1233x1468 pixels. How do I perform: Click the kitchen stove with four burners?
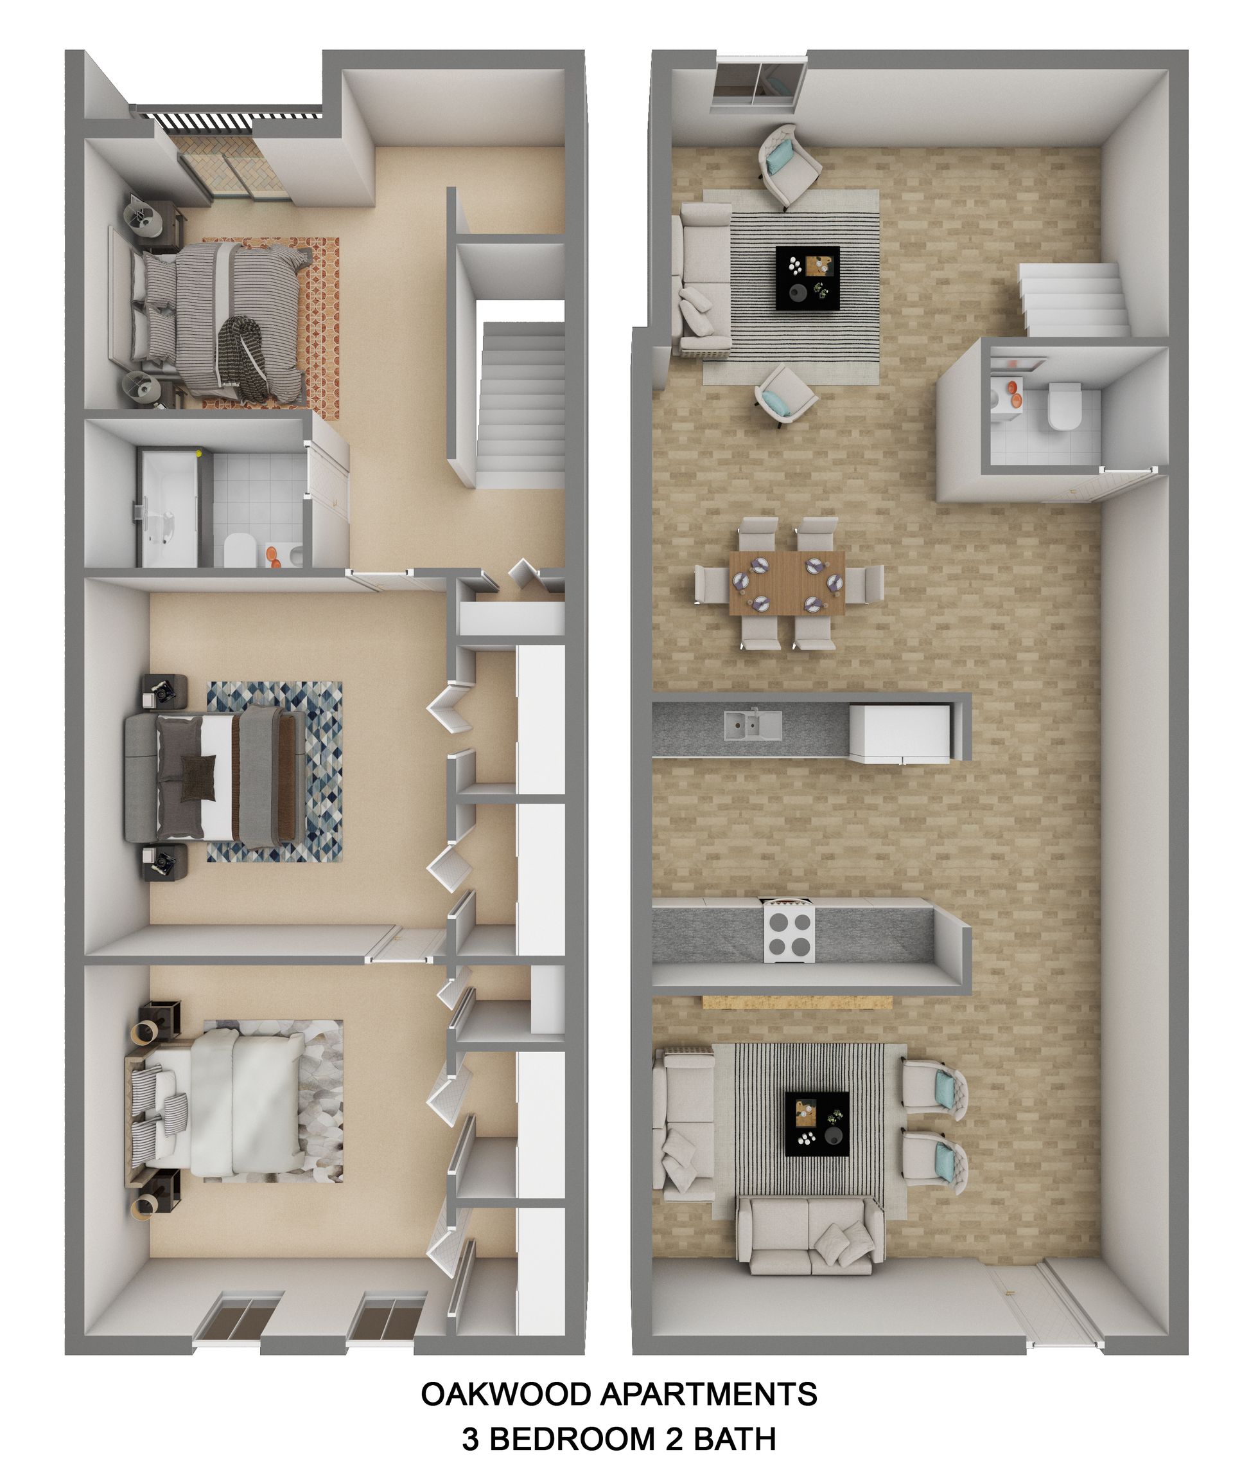tap(790, 935)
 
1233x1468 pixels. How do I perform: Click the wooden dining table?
tap(786, 582)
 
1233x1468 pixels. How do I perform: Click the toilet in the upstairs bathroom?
tap(240, 550)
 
